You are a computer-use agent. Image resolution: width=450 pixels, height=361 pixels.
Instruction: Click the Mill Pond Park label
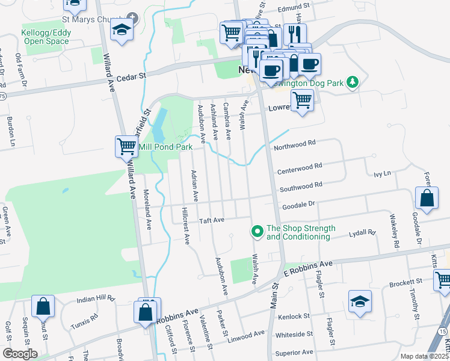pyautogui.click(x=165, y=147)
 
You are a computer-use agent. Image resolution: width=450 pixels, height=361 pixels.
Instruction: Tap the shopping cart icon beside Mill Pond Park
pyautogui.click(x=126, y=146)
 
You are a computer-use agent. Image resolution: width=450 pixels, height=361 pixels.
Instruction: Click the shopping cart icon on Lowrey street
pyautogui.click(x=301, y=99)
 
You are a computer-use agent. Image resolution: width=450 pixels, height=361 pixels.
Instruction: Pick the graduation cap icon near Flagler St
pyautogui.click(x=360, y=301)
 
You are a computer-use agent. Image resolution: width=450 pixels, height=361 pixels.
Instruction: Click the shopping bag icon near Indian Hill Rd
pyautogui.click(x=43, y=307)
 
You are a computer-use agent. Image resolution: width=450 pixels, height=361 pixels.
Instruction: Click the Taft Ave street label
pyautogui.click(x=212, y=220)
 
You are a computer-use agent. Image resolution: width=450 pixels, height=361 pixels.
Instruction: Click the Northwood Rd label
pyautogui.click(x=295, y=144)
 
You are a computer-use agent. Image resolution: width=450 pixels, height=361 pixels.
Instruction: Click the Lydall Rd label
pyautogui.click(x=363, y=231)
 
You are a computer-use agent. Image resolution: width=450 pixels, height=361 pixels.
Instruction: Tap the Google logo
pyautogui.click(x=20, y=353)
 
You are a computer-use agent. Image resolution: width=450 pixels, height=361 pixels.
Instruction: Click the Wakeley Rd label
pyautogui.click(x=395, y=235)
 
